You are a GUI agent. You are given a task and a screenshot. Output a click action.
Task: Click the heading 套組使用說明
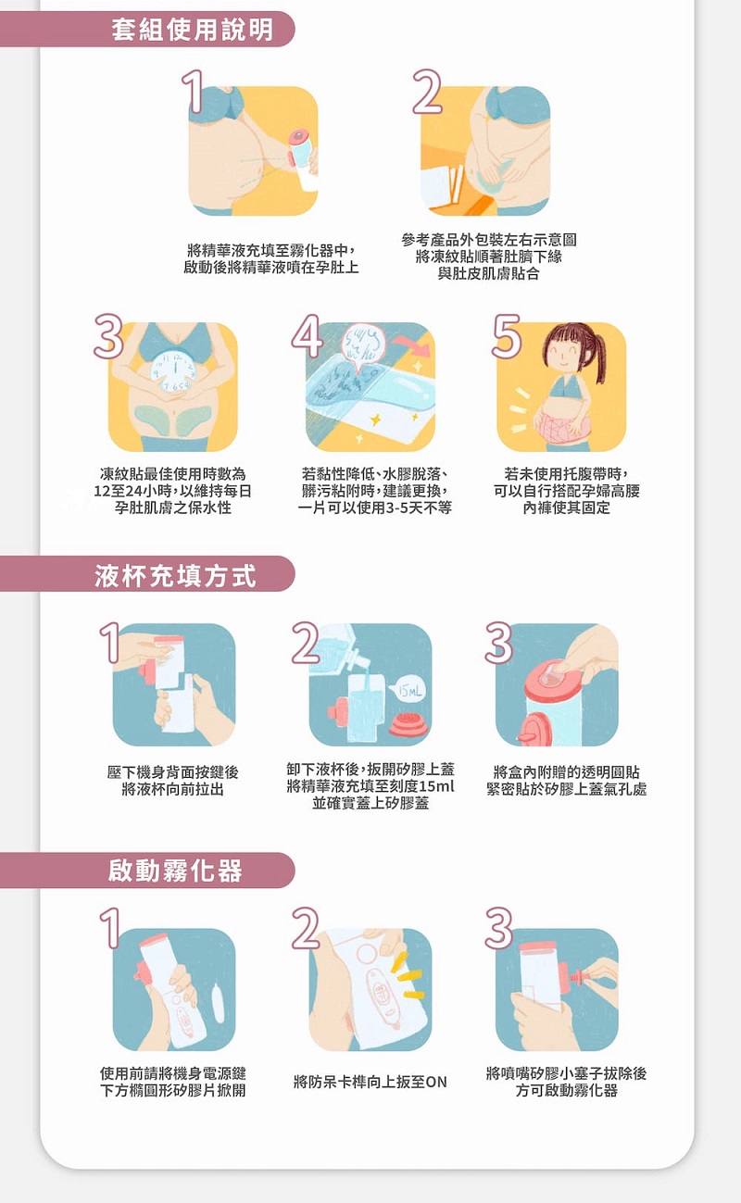pos(193,30)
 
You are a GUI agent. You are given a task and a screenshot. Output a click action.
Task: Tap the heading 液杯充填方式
pos(176,576)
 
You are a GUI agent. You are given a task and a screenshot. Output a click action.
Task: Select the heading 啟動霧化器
pos(176,871)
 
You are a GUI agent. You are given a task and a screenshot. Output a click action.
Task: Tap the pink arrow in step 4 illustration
pos(412,345)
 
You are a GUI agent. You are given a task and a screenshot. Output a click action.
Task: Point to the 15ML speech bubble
pos(409,691)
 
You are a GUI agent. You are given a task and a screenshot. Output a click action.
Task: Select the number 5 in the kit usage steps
pos(507,336)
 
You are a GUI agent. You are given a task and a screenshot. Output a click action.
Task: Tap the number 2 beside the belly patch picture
pos(427,92)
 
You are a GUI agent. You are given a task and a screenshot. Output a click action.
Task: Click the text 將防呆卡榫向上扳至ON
pos(370,1082)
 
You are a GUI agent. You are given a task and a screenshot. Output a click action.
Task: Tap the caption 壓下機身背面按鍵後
pos(173,772)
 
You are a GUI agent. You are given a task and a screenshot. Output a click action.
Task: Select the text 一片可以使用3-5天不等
pos(375,508)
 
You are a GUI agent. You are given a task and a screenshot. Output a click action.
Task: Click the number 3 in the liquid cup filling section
pos(499,643)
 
